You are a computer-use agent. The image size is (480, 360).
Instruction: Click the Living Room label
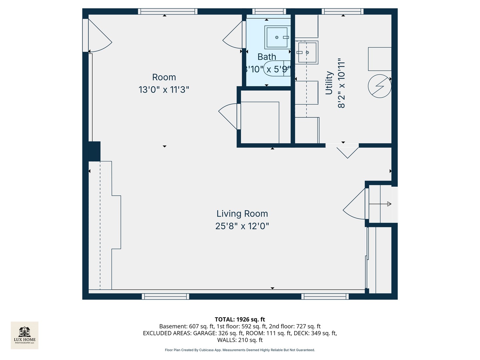[242, 214]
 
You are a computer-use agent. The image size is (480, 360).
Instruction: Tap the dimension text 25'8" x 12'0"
[242, 226]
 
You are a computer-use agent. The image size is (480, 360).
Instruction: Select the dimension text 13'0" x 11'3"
[164, 90]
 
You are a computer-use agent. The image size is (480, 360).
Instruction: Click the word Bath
[267, 57]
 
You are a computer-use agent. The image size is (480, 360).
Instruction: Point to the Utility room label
[329, 83]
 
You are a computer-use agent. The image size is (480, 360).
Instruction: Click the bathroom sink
[276, 37]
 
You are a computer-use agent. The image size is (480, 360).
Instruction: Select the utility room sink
[307, 52]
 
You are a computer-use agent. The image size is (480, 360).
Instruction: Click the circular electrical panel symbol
[379, 86]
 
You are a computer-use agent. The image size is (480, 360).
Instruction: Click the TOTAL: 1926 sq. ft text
[240, 319]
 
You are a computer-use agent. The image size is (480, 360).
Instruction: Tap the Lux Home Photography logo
[25, 335]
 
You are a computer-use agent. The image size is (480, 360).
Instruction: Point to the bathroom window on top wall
[269, 12]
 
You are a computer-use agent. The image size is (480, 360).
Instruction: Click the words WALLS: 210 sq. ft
[240, 340]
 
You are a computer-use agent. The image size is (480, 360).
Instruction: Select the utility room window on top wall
[343, 12]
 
